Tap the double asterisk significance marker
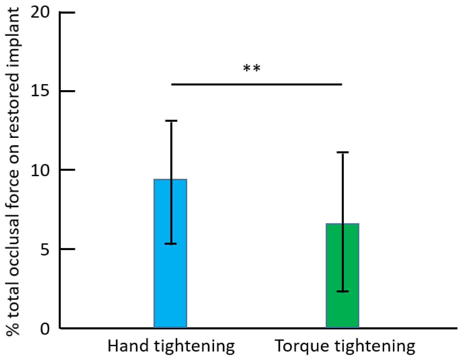pos(252,68)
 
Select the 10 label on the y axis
pos(40,170)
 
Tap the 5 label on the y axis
pos(45,249)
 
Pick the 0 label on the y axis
pos(45,329)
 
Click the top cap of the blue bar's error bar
pos(171,121)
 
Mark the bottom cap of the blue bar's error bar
pos(171,244)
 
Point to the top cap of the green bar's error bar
pos(342,152)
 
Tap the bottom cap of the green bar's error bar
pos(342,291)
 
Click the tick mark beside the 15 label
pos(67,91)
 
